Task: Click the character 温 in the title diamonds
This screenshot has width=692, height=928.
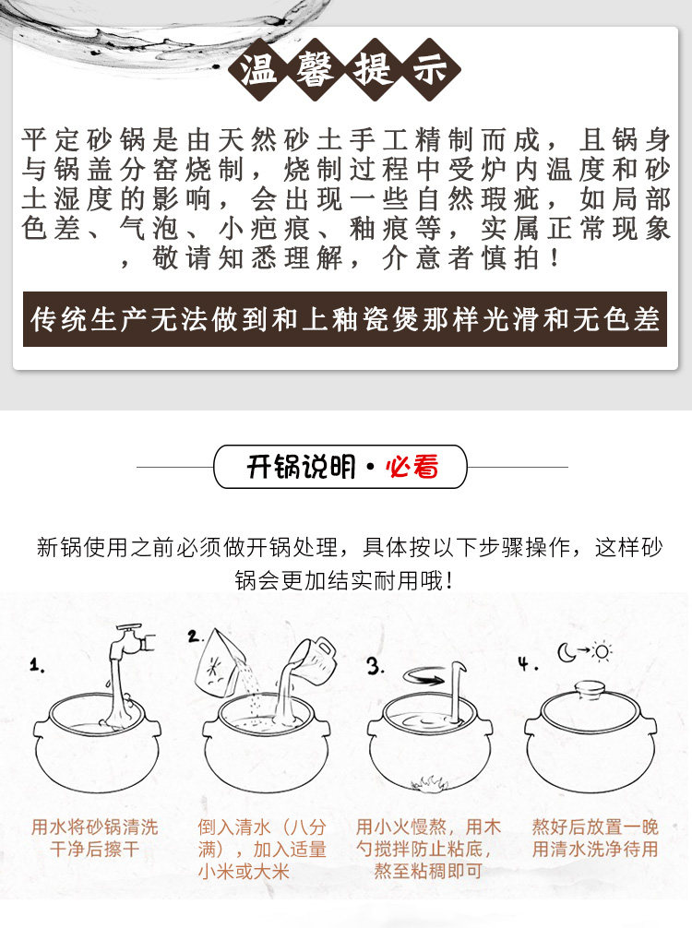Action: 258,70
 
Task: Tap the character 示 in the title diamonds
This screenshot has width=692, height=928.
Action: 430,70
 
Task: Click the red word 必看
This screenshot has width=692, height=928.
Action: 412,467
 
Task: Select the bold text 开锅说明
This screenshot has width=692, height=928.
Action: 301,467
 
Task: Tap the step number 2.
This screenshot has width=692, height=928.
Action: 194,637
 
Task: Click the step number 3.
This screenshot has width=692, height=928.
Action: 374,666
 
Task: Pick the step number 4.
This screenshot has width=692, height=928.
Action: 526,663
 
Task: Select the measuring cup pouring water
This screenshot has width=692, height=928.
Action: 313,659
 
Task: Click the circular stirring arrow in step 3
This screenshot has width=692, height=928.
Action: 424,676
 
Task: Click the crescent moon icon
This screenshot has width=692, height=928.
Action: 567,653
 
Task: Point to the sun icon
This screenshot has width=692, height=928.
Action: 602,651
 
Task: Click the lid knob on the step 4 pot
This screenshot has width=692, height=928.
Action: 591,689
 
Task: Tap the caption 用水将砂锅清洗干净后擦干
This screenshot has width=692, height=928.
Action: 95,838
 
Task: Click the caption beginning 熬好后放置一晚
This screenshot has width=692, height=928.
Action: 595,838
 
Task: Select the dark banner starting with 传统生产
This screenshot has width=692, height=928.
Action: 345,319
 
